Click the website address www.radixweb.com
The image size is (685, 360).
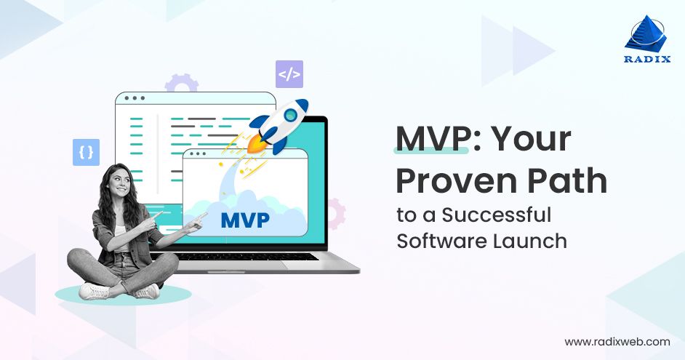pyautogui.click(x=617, y=341)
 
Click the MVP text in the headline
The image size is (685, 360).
pyautogui.click(x=431, y=139)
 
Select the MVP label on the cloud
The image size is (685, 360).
pyautogui.click(x=244, y=219)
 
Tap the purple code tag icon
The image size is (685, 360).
pyautogui.click(x=289, y=74)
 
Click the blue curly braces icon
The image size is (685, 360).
pyautogui.click(x=86, y=153)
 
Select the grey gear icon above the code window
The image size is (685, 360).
pyautogui.click(x=181, y=83)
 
